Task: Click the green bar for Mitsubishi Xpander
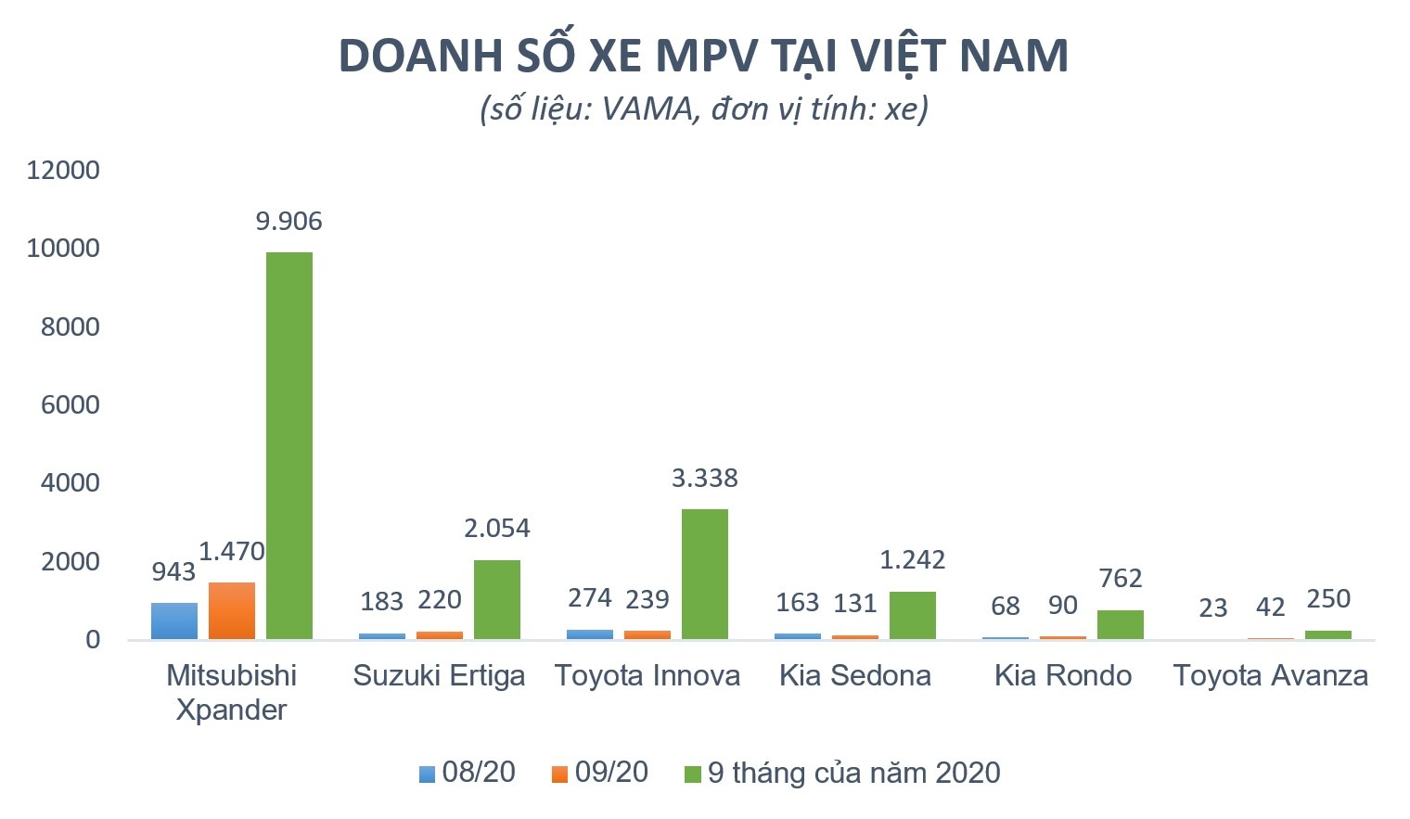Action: point(288,445)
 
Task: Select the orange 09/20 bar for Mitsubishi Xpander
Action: point(231,610)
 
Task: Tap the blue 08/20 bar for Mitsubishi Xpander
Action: point(174,621)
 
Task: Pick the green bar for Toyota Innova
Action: point(704,573)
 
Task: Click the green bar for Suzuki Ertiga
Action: point(496,599)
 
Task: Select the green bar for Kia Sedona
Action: point(912,615)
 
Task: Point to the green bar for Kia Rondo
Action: point(1120,624)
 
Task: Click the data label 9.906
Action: point(288,222)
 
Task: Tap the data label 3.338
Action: point(704,479)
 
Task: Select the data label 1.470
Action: point(232,552)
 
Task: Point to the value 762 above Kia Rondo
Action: point(1120,579)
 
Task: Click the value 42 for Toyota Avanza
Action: point(1270,608)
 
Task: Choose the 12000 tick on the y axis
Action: point(63,171)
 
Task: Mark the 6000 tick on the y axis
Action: point(70,405)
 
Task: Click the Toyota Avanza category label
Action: point(1270,675)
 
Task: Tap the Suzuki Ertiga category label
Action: point(439,675)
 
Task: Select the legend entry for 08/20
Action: point(468,773)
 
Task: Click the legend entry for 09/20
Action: point(600,773)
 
